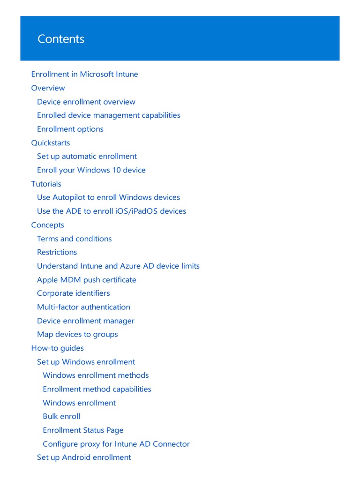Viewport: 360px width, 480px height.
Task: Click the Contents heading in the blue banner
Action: pyautogui.click(x=61, y=39)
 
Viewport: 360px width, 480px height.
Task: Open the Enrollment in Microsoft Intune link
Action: pyautogui.click(x=84, y=74)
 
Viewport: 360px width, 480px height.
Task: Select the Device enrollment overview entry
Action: pyautogui.click(x=86, y=102)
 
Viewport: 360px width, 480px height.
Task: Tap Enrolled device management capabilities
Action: pyautogui.click(x=108, y=115)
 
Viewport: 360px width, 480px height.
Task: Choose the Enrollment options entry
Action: pyautogui.click(x=70, y=129)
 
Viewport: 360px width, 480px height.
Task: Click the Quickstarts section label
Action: pyautogui.click(x=50, y=142)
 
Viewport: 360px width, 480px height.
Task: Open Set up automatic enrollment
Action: pyautogui.click(x=87, y=156)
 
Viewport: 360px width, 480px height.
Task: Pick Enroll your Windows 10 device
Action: pyautogui.click(x=91, y=170)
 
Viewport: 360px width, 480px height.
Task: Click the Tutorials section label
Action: pyautogui.click(x=46, y=184)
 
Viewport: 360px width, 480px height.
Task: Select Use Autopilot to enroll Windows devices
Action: pyautogui.click(x=108, y=197)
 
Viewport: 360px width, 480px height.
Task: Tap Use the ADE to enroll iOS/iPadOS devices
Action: pyautogui.click(x=111, y=211)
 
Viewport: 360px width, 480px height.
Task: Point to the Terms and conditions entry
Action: pyautogui.click(x=74, y=239)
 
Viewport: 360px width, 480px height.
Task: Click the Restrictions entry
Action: pyautogui.click(x=57, y=252)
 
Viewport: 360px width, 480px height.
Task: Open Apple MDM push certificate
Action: pyautogui.click(x=86, y=280)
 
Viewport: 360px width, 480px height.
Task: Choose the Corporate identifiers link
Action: pyautogui.click(x=73, y=293)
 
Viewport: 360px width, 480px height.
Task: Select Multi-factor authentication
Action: pyautogui.click(x=83, y=307)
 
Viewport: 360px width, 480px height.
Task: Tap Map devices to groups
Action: pyautogui.click(x=77, y=334)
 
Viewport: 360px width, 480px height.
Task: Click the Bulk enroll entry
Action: pyautogui.click(x=61, y=416)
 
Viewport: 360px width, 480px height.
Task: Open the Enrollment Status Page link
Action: pyautogui.click(x=83, y=430)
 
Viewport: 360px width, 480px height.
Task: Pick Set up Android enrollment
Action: pyautogui.click(x=84, y=457)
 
